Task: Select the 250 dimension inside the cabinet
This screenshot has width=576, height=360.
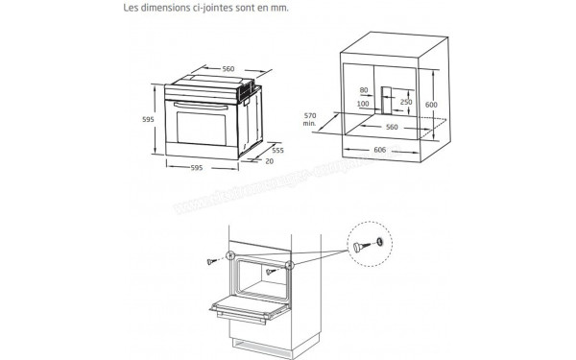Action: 408,103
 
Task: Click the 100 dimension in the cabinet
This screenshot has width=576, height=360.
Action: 363,104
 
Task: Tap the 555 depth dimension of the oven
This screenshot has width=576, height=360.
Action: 276,152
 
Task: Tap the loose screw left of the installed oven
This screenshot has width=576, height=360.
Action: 212,262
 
